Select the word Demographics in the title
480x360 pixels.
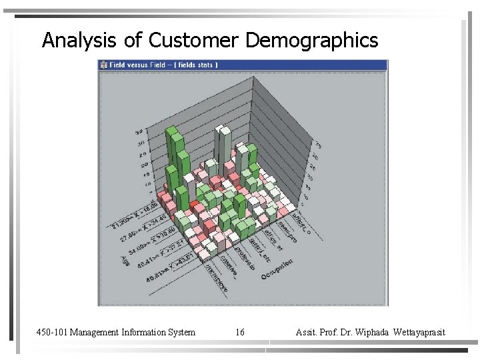click(312, 41)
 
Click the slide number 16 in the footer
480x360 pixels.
click(241, 332)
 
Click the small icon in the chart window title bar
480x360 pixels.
click(104, 65)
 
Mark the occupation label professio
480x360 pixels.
click(245, 257)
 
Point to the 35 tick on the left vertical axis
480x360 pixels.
click(139, 131)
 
